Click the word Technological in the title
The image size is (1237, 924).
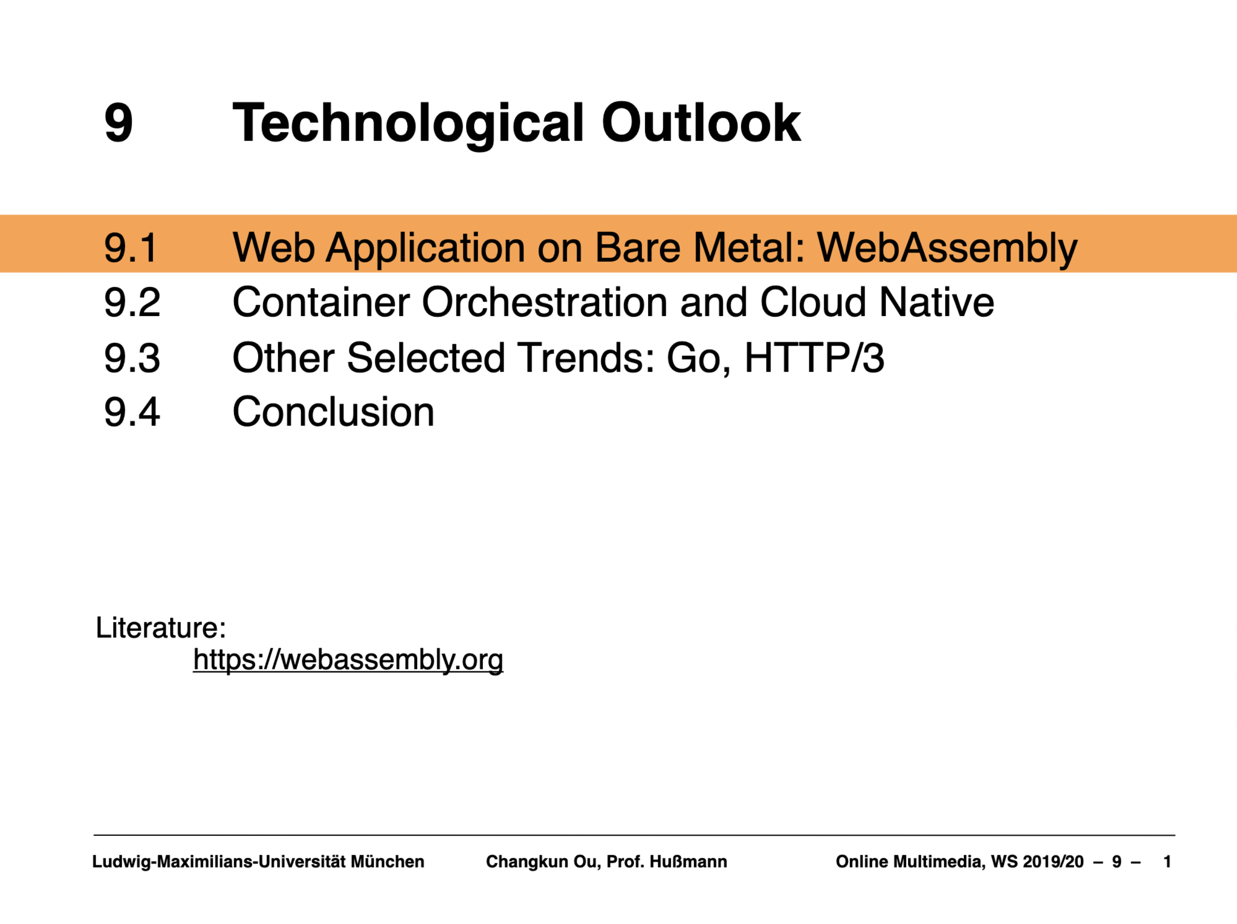[408, 124]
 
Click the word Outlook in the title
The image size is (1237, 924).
[701, 122]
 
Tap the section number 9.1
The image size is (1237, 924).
[131, 247]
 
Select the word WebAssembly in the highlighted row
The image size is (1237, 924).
[947, 248]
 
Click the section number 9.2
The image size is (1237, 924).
[132, 302]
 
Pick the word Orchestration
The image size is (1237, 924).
[545, 302]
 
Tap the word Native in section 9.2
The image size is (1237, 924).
[937, 302]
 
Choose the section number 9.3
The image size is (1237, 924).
[132, 357]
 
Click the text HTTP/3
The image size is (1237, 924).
[815, 357]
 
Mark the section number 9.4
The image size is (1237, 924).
[132, 412]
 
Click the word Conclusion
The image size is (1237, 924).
[333, 412]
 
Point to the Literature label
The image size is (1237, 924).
[161, 627]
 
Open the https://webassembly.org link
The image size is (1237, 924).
[348, 660]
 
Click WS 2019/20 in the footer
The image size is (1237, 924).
[1037, 861]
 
